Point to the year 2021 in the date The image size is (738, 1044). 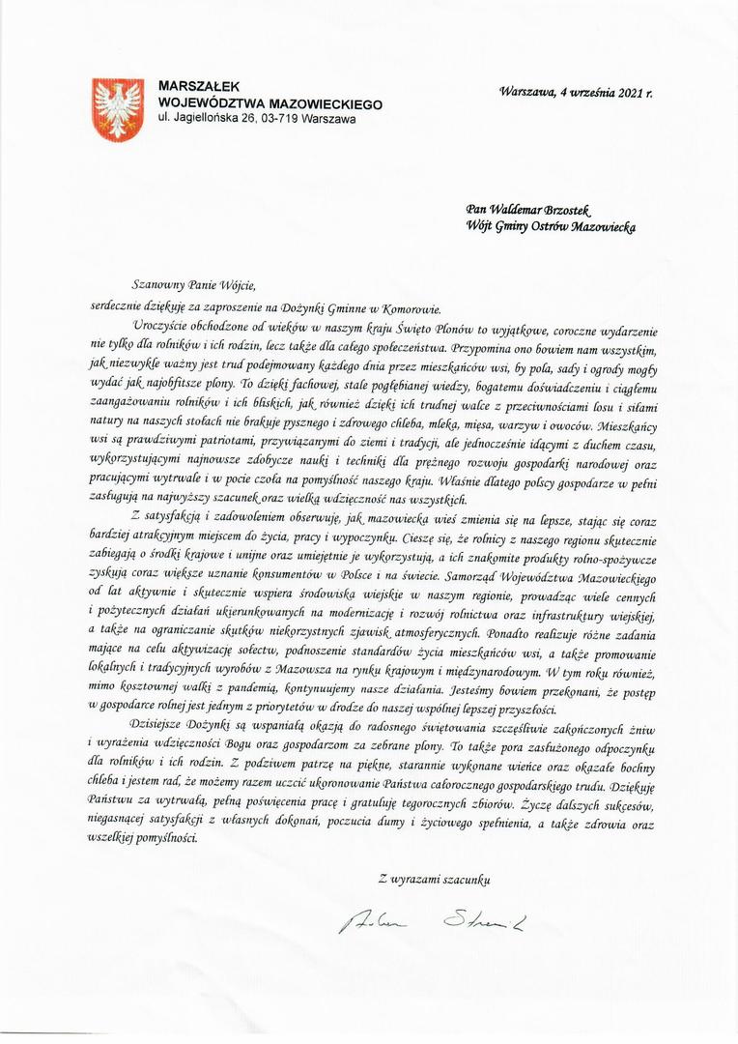pyautogui.click(x=628, y=93)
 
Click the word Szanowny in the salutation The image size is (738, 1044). pyautogui.click(x=161, y=285)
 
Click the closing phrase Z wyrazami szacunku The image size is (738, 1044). pyautogui.click(x=435, y=879)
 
